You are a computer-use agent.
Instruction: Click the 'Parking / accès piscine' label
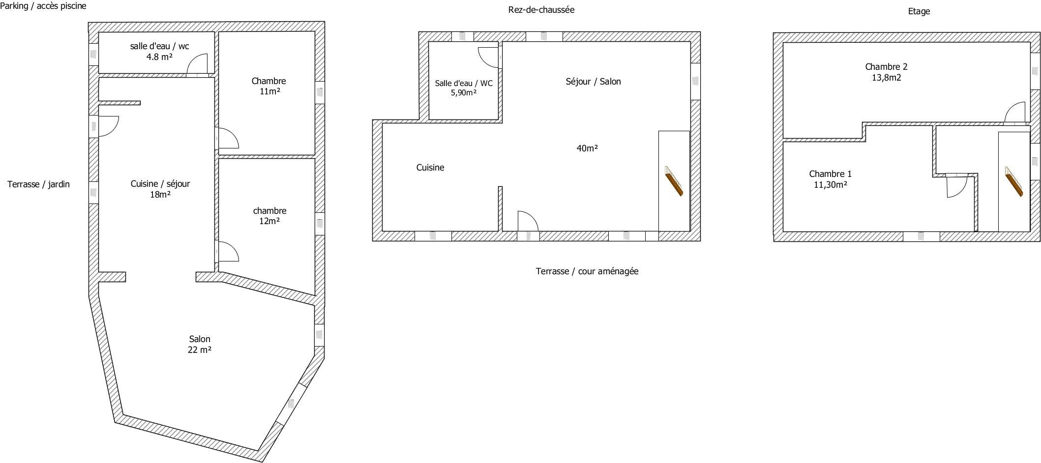[x=43, y=6]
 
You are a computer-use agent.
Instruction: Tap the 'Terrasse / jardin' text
[x=38, y=184]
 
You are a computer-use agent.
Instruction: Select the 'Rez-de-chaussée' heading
[x=541, y=10]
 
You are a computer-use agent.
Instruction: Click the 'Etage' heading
[x=919, y=11]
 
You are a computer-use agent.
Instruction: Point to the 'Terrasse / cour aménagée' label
[x=587, y=271]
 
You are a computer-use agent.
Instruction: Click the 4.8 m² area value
[x=159, y=57]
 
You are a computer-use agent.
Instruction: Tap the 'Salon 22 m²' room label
[x=200, y=345]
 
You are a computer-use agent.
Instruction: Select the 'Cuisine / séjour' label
[x=160, y=184]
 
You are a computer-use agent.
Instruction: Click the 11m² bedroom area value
[x=269, y=91]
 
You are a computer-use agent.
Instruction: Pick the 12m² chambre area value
[x=269, y=221]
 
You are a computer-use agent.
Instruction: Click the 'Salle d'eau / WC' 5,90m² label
[x=464, y=88]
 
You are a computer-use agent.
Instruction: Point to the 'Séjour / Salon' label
[x=593, y=82]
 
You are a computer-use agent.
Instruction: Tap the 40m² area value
[x=587, y=148]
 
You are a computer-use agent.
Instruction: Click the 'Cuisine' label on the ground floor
[x=430, y=168]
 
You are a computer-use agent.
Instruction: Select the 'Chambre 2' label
[x=886, y=67]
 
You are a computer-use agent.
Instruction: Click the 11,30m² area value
[x=831, y=185]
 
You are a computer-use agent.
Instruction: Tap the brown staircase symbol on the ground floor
[x=674, y=181]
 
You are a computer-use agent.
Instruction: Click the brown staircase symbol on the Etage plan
[x=1013, y=181]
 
